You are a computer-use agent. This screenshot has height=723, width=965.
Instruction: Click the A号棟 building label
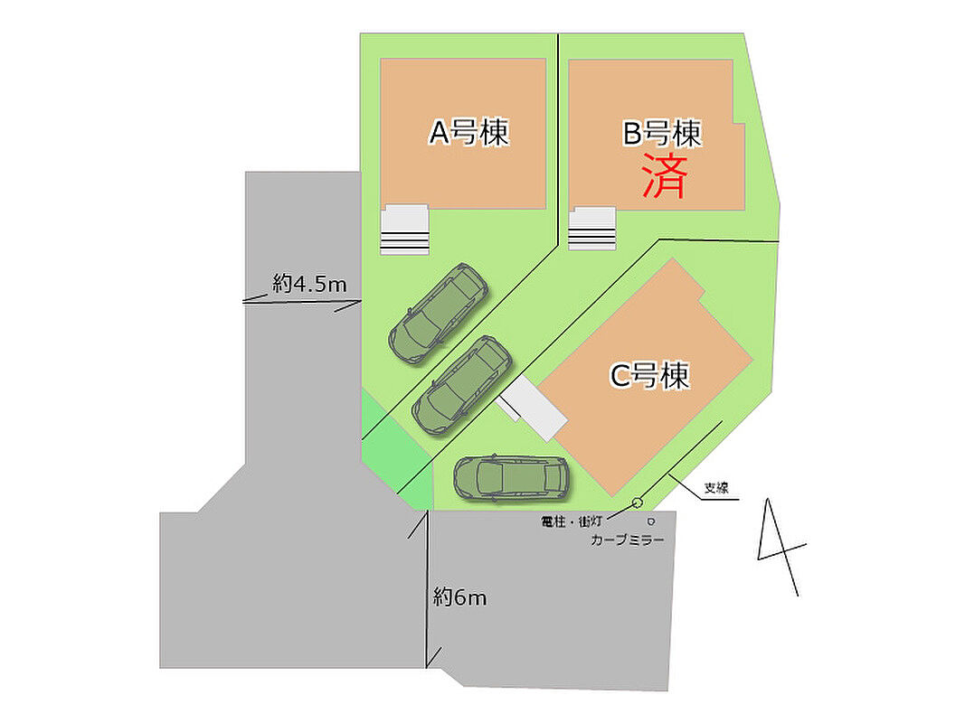click(468, 134)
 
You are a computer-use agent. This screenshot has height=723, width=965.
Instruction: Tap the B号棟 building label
click(662, 135)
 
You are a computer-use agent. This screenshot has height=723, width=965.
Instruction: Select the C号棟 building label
click(649, 375)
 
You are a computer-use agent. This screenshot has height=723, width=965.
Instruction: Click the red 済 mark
click(664, 176)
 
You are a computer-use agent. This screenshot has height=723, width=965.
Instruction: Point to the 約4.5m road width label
click(309, 285)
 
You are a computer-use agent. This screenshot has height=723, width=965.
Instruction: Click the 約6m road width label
click(459, 596)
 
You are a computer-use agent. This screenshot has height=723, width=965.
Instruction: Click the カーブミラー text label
click(627, 540)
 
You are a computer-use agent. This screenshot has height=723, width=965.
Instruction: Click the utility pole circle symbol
click(637, 502)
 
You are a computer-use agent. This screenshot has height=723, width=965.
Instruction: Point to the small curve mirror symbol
click(650, 521)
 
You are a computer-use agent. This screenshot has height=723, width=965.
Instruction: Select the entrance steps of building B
click(592, 228)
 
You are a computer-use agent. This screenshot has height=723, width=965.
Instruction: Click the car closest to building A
click(439, 313)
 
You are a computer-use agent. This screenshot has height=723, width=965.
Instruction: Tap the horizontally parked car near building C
click(511, 477)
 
